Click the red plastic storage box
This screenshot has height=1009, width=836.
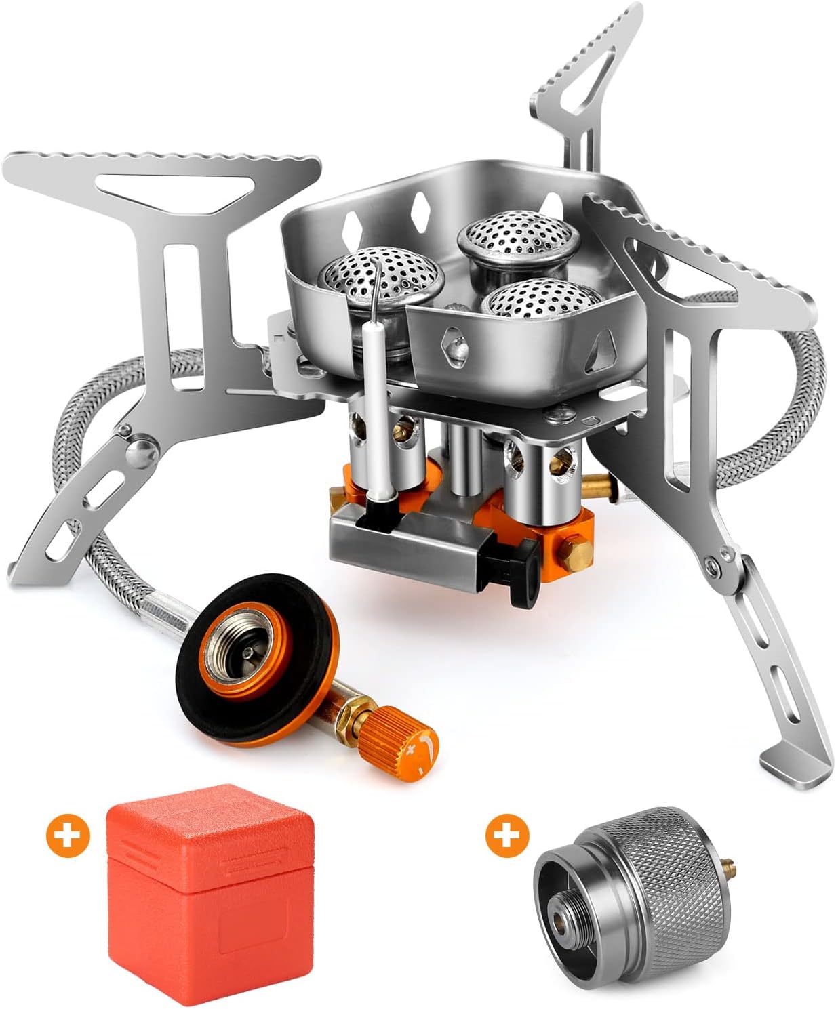click(210, 894)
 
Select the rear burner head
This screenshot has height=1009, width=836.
click(519, 236)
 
